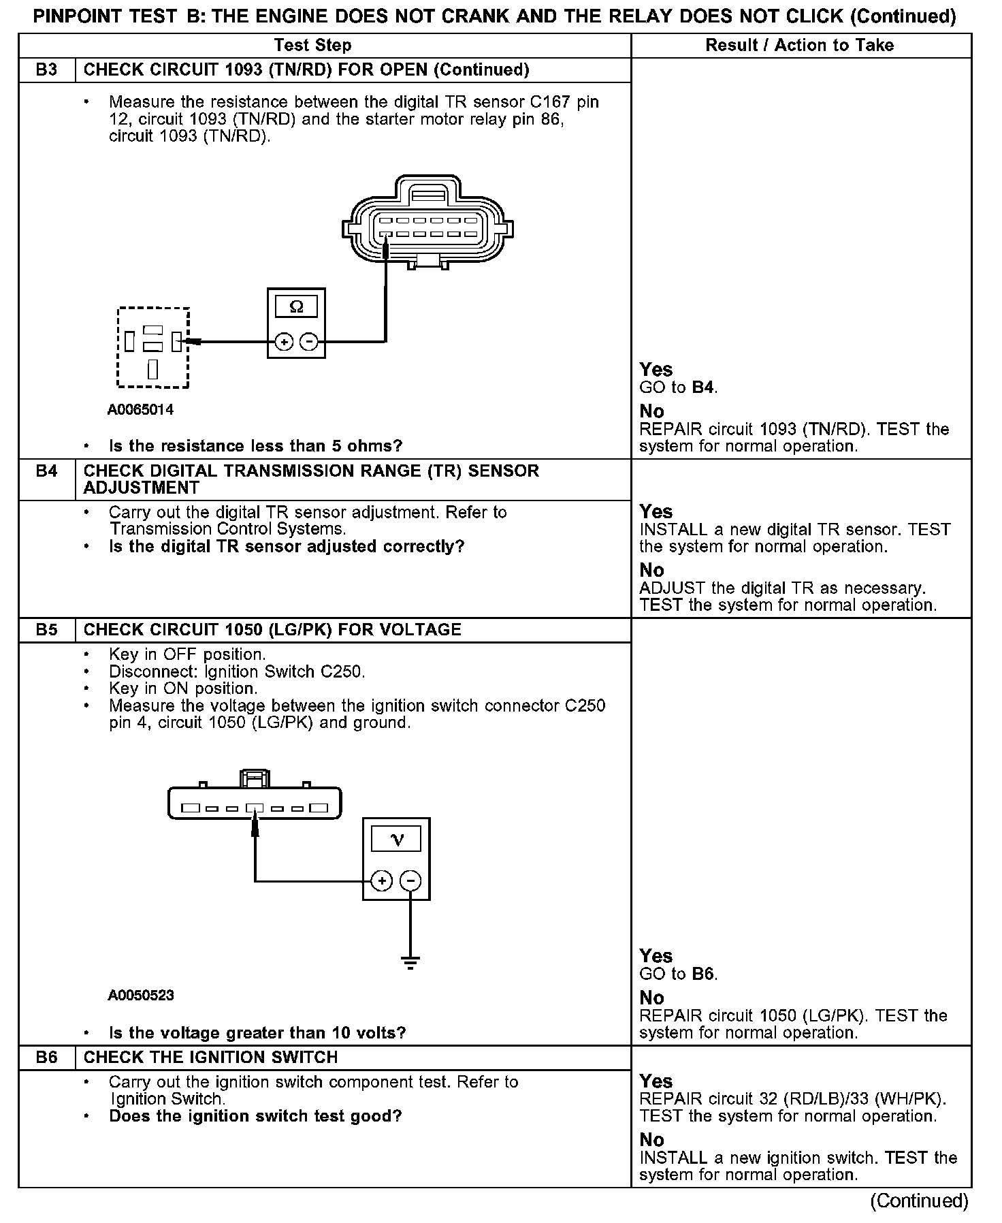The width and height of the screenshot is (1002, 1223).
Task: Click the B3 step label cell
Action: (x=46, y=70)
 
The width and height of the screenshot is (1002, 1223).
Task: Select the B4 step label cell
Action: (x=46, y=471)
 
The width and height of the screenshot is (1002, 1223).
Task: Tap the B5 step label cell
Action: (x=46, y=630)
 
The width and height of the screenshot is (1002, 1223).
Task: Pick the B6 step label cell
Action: (x=46, y=1058)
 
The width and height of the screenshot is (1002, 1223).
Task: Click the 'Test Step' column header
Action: (x=312, y=46)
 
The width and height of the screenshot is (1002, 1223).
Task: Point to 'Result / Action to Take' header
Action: (x=800, y=46)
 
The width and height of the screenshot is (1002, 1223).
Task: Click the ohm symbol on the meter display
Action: (x=296, y=307)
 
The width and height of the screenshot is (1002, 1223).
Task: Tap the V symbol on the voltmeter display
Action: (x=397, y=840)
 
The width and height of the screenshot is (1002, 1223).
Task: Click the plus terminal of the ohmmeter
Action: (x=283, y=341)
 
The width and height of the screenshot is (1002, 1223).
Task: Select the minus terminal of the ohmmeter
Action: (x=309, y=341)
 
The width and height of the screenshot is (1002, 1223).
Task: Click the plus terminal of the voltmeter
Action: (x=382, y=881)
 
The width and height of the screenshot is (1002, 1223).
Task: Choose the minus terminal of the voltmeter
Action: (x=410, y=881)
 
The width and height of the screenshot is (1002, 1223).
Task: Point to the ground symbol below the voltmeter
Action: (x=410, y=962)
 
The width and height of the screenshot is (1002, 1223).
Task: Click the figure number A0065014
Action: (x=140, y=410)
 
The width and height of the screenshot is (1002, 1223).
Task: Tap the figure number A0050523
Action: (x=140, y=996)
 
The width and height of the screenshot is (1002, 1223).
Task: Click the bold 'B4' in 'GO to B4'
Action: (x=704, y=388)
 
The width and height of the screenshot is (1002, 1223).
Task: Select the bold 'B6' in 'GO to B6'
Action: (x=704, y=974)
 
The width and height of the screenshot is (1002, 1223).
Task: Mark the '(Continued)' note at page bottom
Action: (x=919, y=1201)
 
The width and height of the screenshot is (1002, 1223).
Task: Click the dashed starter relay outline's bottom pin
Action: (x=153, y=370)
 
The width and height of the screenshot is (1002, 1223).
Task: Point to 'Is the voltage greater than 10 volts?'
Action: (x=257, y=1033)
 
